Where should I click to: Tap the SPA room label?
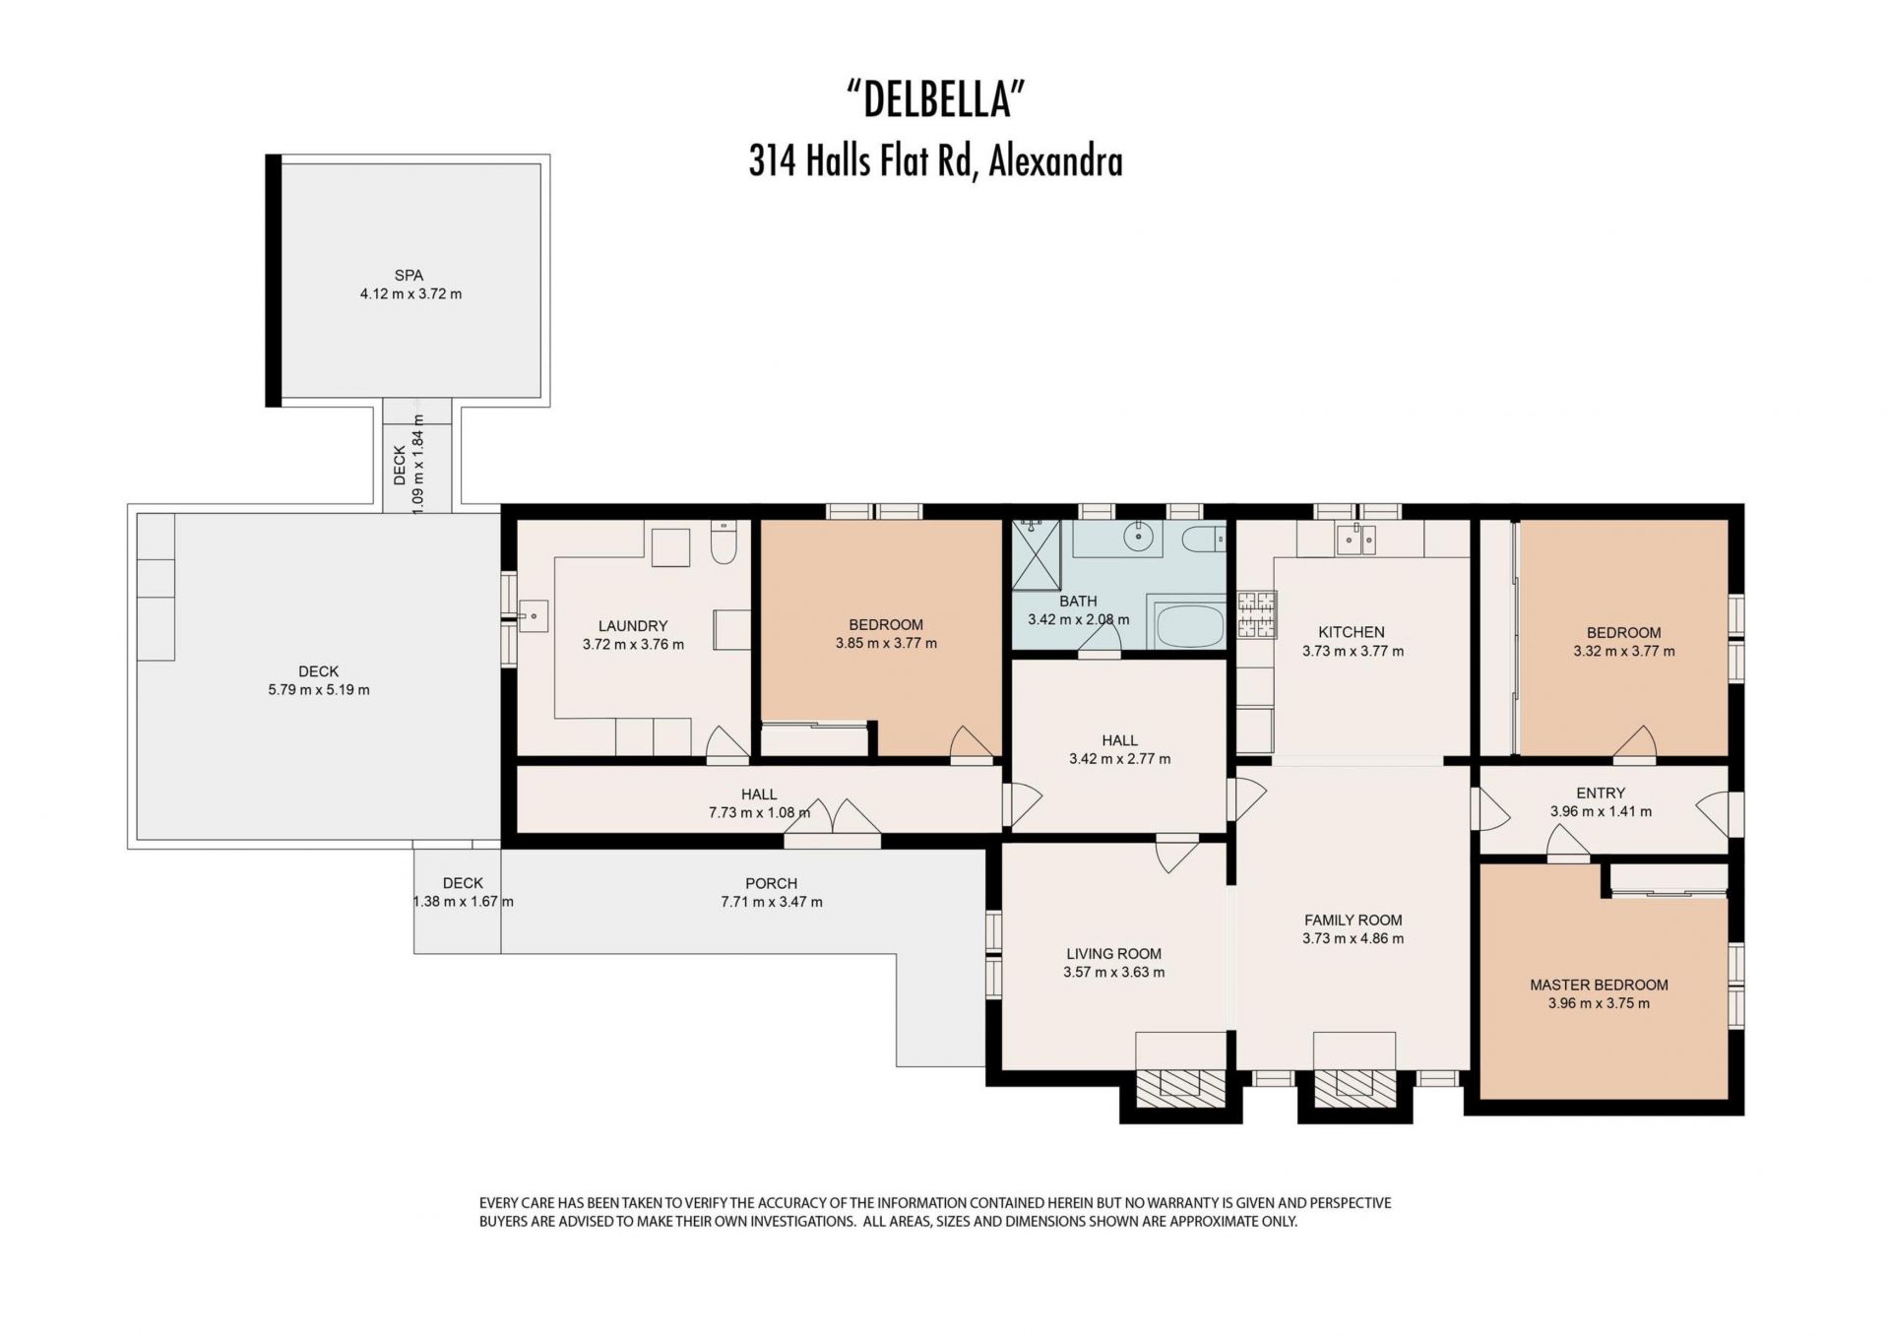409,276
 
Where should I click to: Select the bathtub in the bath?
1189,626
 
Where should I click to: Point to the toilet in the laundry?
724,541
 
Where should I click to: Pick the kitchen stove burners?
1256,615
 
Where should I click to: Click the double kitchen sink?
1355,539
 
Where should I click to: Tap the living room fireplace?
1181,1084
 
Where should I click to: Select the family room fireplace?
1354,1084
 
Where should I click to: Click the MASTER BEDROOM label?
1599,985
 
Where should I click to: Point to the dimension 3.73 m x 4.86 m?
1353,938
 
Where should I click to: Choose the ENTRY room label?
1601,793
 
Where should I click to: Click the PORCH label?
771,883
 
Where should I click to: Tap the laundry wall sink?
533,617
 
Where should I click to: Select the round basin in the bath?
1141,538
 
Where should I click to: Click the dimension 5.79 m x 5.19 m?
319,690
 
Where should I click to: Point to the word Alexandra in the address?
1055,161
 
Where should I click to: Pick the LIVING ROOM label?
1113,953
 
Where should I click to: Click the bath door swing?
1100,640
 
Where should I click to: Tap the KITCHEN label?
1352,632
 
